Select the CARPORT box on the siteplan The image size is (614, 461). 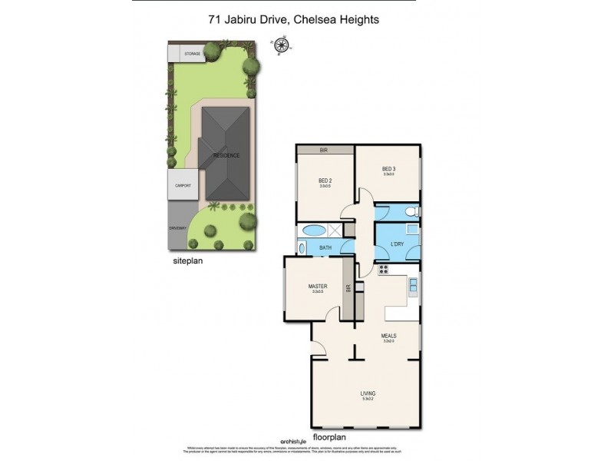(183, 185)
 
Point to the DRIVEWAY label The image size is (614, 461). (179, 229)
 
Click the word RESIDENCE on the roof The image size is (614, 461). (226, 155)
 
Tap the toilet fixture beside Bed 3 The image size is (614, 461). (413, 211)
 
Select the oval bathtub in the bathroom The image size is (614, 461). (315, 230)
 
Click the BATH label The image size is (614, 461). (325, 247)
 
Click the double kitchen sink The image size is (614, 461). (413, 287)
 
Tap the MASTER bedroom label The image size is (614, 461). (318, 286)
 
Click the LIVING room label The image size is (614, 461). (368, 393)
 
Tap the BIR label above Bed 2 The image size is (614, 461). (324, 151)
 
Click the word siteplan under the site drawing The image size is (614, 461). (187, 260)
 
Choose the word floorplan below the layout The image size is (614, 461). (329, 436)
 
